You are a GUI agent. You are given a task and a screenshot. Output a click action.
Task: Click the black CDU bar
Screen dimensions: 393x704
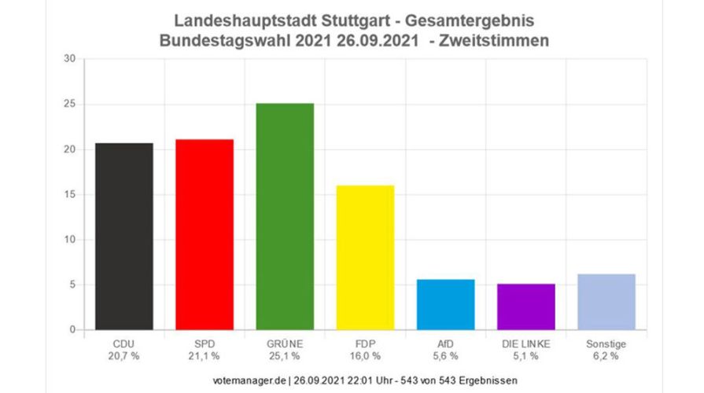tap(124, 236)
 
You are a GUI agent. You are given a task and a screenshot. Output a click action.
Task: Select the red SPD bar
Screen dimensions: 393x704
tap(205, 234)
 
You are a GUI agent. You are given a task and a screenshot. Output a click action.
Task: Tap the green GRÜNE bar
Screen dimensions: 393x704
tap(285, 216)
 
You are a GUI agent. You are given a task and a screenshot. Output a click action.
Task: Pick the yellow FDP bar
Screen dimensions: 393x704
tap(365, 257)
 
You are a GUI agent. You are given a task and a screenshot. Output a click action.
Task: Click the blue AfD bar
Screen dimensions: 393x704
tap(445, 304)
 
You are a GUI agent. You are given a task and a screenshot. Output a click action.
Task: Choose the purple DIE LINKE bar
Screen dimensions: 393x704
tap(525, 307)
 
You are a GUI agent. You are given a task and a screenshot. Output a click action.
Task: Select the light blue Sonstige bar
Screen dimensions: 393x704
tap(606, 302)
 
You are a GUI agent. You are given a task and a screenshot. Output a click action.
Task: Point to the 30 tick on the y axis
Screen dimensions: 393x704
tap(69, 59)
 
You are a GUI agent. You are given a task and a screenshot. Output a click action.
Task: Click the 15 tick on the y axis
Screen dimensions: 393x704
tap(69, 195)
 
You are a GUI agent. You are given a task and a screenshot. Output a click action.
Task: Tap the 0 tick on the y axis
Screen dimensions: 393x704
tap(72, 330)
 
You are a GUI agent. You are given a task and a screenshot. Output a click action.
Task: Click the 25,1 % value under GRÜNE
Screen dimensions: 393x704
tap(285, 356)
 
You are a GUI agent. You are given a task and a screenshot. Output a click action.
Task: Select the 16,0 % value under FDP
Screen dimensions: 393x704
tap(365, 356)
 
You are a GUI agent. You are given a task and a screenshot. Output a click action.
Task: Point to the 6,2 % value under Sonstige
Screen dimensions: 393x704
tap(606, 356)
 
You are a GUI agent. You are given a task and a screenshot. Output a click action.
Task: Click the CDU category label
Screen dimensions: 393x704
tap(124, 343)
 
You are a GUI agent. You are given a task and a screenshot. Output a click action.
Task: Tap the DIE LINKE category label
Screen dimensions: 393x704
tap(525, 343)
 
